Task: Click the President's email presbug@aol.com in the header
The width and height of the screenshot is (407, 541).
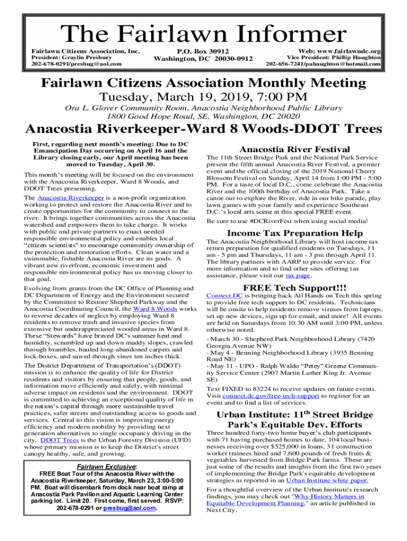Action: click(x=95, y=64)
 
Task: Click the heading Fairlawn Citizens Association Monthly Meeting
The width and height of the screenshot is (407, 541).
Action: click(x=203, y=83)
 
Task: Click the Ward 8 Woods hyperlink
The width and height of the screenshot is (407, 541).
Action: click(x=155, y=308)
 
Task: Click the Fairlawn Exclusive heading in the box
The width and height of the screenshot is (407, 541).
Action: click(x=106, y=467)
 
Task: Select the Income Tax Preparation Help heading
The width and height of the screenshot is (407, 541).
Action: click(x=294, y=233)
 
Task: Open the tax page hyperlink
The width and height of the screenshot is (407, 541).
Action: click(x=298, y=275)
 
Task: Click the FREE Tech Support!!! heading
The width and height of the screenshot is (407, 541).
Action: click(x=294, y=287)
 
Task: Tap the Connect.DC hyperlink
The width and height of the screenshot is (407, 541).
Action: click(x=225, y=296)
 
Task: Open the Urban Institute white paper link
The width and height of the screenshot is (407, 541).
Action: click(x=327, y=480)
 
